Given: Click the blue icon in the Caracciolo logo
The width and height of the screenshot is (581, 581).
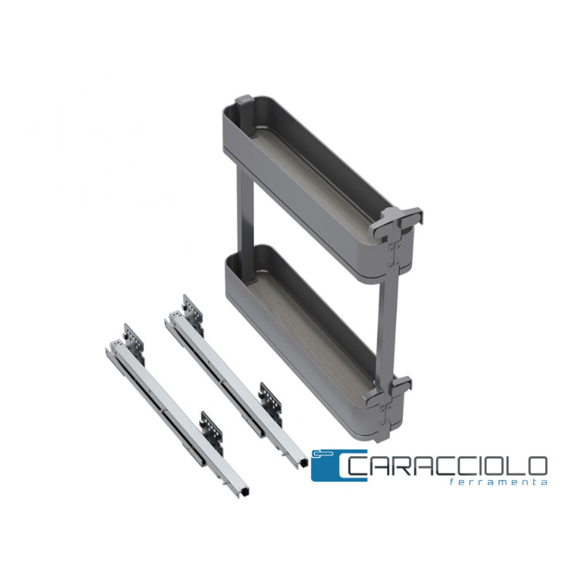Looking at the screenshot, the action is (x=338, y=466).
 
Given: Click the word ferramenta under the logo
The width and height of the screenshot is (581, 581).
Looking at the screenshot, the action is (x=498, y=482).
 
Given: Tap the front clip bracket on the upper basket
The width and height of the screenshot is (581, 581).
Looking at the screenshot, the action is (x=397, y=222).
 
